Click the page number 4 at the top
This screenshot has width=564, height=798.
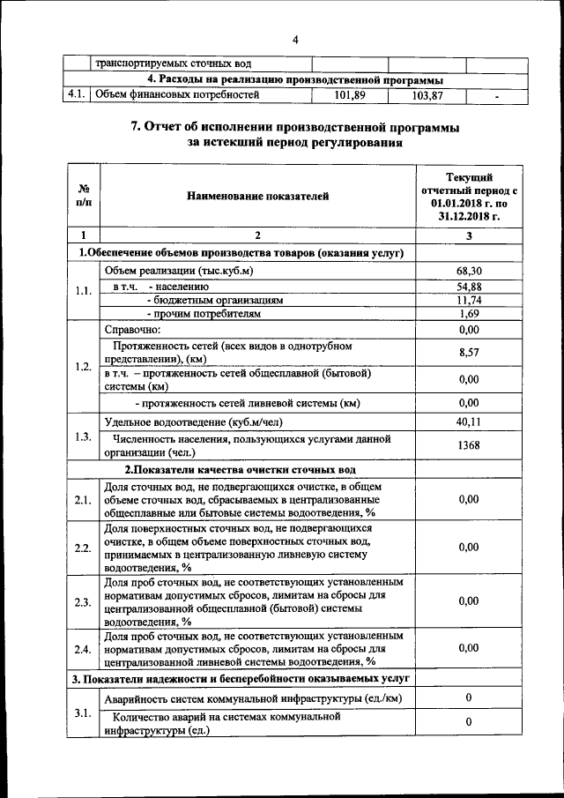pyautogui.click(x=295, y=40)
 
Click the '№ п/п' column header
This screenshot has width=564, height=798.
pyautogui.click(x=84, y=195)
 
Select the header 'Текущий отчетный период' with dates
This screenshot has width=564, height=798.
pyautogui.click(x=469, y=195)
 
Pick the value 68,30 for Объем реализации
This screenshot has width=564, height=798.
pyautogui.click(x=469, y=271)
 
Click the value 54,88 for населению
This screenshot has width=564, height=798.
pyautogui.click(x=469, y=287)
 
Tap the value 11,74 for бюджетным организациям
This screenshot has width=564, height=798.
pyautogui.click(x=469, y=300)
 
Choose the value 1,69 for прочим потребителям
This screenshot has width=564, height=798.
pyautogui.click(x=469, y=313)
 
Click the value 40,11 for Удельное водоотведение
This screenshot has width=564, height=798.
pyautogui.click(x=469, y=422)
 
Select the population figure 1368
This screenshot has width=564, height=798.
pyautogui.click(x=469, y=445)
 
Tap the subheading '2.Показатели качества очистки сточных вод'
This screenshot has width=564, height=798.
pyautogui.click(x=240, y=469)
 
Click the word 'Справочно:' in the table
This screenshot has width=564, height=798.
pyautogui.click(x=133, y=329)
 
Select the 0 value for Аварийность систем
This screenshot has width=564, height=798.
pyautogui.click(x=469, y=698)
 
